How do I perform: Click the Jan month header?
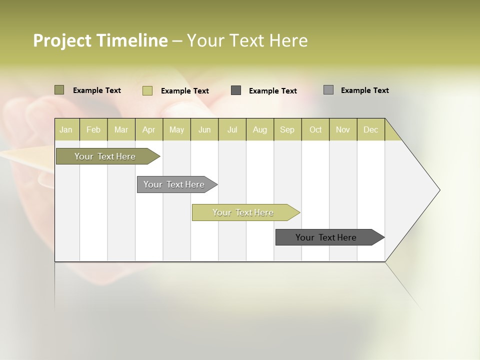pos(66,129)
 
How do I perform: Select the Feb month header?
pos(93,129)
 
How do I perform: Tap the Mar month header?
pos(121,129)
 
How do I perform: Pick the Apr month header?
pos(149,129)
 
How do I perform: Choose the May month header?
pos(176,129)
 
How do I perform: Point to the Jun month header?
pos(204,129)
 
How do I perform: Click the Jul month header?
pos(232,129)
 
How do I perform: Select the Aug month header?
pos(260,129)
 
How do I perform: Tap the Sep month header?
pos(287,129)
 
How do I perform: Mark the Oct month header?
pos(315,129)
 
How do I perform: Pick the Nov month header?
pos(343,129)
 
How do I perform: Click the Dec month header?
pos(371,129)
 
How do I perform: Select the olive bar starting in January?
pos(105,156)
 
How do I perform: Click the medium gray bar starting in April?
pos(174,184)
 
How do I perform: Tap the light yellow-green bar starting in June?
pos(243,212)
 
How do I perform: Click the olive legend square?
pos(59,90)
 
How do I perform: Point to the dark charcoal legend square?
pos(236,90)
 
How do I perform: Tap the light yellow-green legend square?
pos(147,90)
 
